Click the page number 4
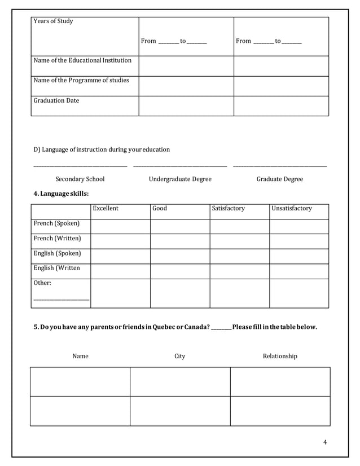(x=325, y=442)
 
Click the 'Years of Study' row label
(x=53, y=21)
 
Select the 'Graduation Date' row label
(x=56, y=101)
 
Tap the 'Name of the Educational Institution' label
(x=82, y=60)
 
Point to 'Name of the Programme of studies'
(x=81, y=80)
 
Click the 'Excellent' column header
(x=106, y=209)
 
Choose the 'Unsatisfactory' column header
(x=291, y=209)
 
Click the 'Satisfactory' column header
(x=228, y=209)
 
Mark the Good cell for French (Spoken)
(x=179, y=226)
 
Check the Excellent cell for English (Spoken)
(x=120, y=256)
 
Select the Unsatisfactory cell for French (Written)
(x=298, y=241)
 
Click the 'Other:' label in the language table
(x=42, y=283)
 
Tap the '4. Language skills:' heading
(x=61, y=194)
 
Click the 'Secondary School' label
(x=80, y=179)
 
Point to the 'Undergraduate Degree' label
(x=180, y=179)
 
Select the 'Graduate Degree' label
(x=279, y=179)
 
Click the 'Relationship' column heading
(x=280, y=357)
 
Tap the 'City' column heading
(x=179, y=357)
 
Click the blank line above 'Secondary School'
(x=80, y=166)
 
